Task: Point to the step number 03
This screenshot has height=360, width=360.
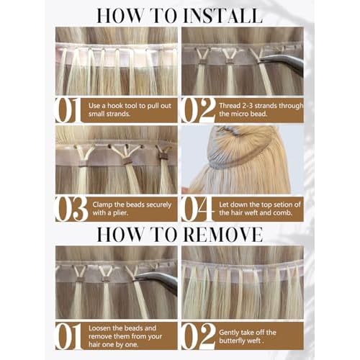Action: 70,208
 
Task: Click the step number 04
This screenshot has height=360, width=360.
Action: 196,208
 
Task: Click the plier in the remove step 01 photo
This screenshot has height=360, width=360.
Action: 158,281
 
